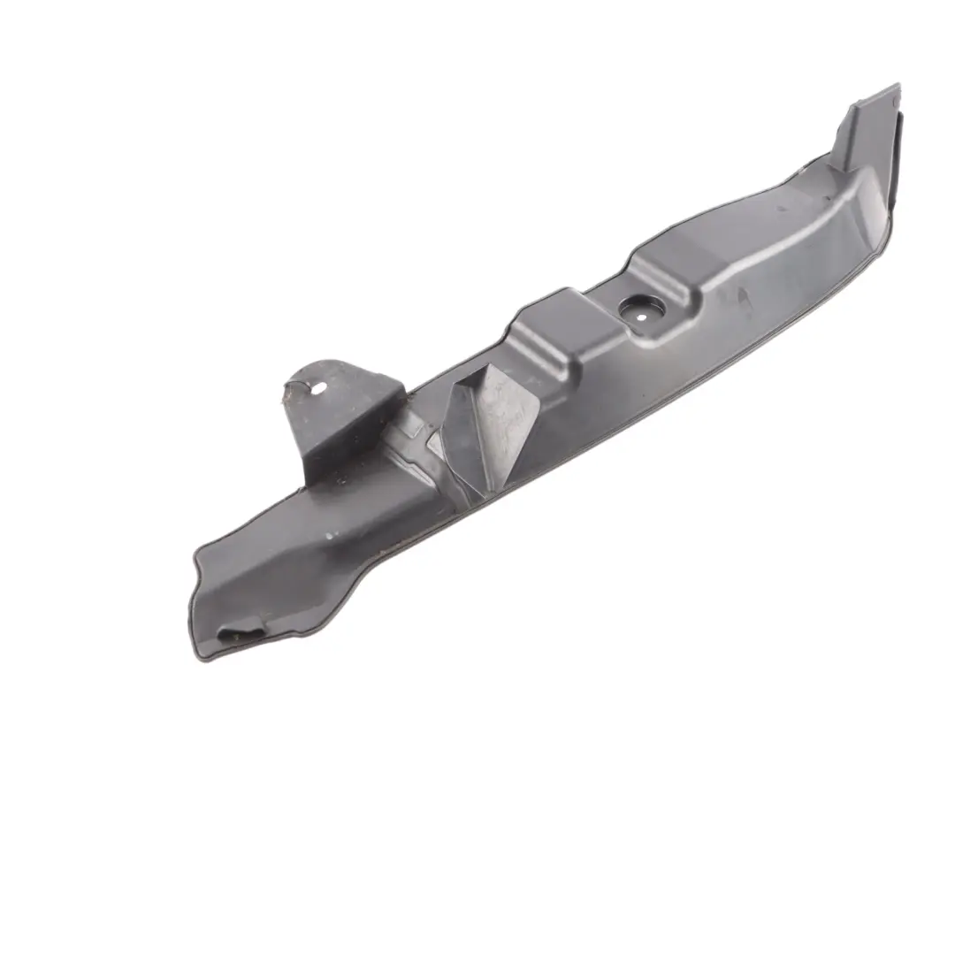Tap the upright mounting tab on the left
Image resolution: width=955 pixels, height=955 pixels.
tap(340, 411)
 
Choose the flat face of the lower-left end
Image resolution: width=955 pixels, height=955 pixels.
tap(265, 584)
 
